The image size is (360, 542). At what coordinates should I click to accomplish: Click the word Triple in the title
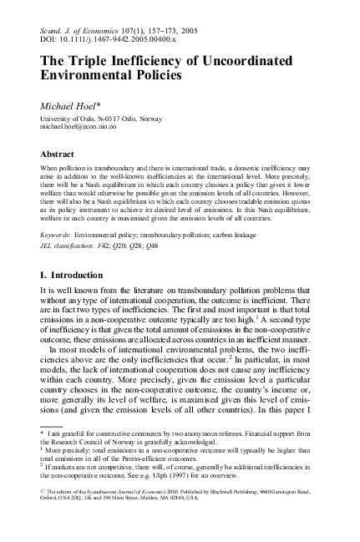tap(91, 60)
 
